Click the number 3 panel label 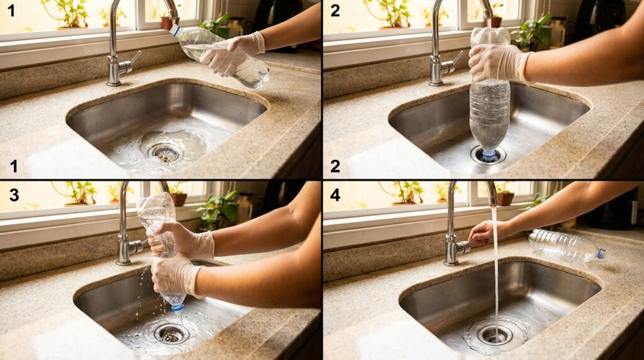tap(14, 194)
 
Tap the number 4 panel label tap(335, 194)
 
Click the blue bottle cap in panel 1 tap(175, 30)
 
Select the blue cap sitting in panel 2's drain tap(489, 155)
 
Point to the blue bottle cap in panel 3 tap(178, 307)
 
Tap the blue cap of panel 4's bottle tap(601, 253)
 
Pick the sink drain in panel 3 tap(171, 334)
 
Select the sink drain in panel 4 tap(494, 334)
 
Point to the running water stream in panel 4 tap(496, 271)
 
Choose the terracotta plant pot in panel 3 tap(179, 200)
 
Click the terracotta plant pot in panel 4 tap(505, 199)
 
